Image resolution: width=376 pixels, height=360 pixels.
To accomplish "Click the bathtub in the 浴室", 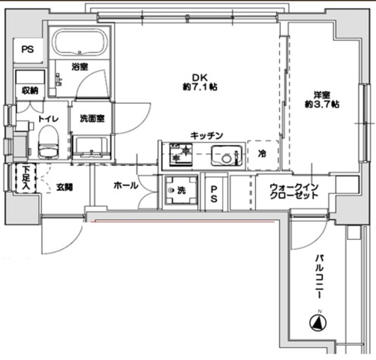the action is (80, 43).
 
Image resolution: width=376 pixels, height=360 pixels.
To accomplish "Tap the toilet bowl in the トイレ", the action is (48, 143).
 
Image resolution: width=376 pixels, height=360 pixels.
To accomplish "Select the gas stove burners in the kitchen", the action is (181, 154).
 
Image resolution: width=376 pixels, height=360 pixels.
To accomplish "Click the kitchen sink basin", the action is (227, 156).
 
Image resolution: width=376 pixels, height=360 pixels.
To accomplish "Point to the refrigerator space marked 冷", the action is (263, 155).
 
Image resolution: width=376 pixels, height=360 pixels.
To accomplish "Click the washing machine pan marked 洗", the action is (181, 190).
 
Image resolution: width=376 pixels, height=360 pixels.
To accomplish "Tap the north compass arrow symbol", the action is (318, 322).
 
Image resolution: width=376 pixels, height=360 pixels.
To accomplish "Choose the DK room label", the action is (199, 78).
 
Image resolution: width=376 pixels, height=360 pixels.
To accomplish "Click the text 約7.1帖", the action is (200, 87).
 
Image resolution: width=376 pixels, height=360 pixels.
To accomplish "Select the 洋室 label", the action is (322, 95).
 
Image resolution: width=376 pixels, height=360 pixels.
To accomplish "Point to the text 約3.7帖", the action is (322, 105).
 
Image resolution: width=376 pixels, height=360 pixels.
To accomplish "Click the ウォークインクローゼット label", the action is (294, 191).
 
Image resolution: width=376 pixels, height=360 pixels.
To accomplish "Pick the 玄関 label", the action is (65, 187).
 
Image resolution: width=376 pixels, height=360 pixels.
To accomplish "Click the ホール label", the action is (126, 185).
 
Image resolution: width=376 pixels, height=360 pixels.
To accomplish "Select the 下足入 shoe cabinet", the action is (26, 178).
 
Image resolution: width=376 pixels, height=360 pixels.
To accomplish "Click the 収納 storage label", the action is (30, 90).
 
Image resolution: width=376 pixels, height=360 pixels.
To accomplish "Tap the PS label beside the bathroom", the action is (28, 49).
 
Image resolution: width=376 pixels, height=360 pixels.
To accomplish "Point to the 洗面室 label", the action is (92, 119).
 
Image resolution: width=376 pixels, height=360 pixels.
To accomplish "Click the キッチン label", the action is (207, 136).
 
